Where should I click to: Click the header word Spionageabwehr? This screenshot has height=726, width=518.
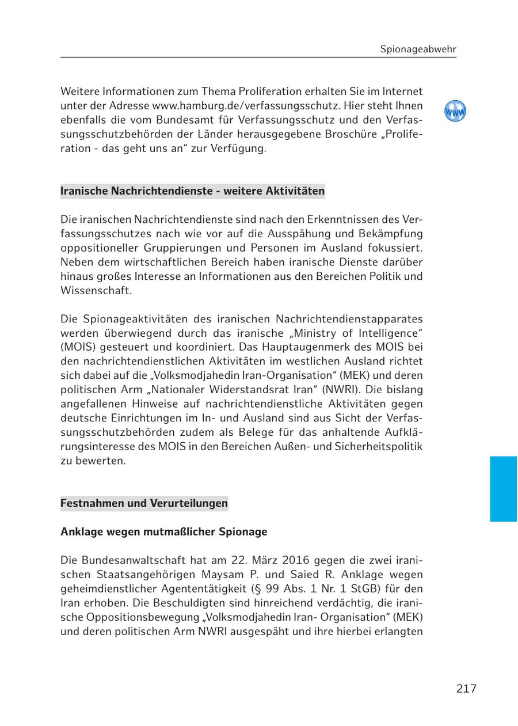point(418,49)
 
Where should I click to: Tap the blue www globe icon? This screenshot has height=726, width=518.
point(455,111)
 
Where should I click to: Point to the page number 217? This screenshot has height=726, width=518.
point(466,689)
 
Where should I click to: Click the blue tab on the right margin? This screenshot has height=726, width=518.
point(504,489)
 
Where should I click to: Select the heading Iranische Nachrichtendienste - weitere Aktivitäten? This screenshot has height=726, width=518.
point(192,191)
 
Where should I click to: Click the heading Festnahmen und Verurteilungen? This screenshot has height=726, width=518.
point(144,503)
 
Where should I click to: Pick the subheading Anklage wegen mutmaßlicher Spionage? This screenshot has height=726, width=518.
point(163,531)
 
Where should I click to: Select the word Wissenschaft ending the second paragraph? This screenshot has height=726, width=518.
point(96,290)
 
